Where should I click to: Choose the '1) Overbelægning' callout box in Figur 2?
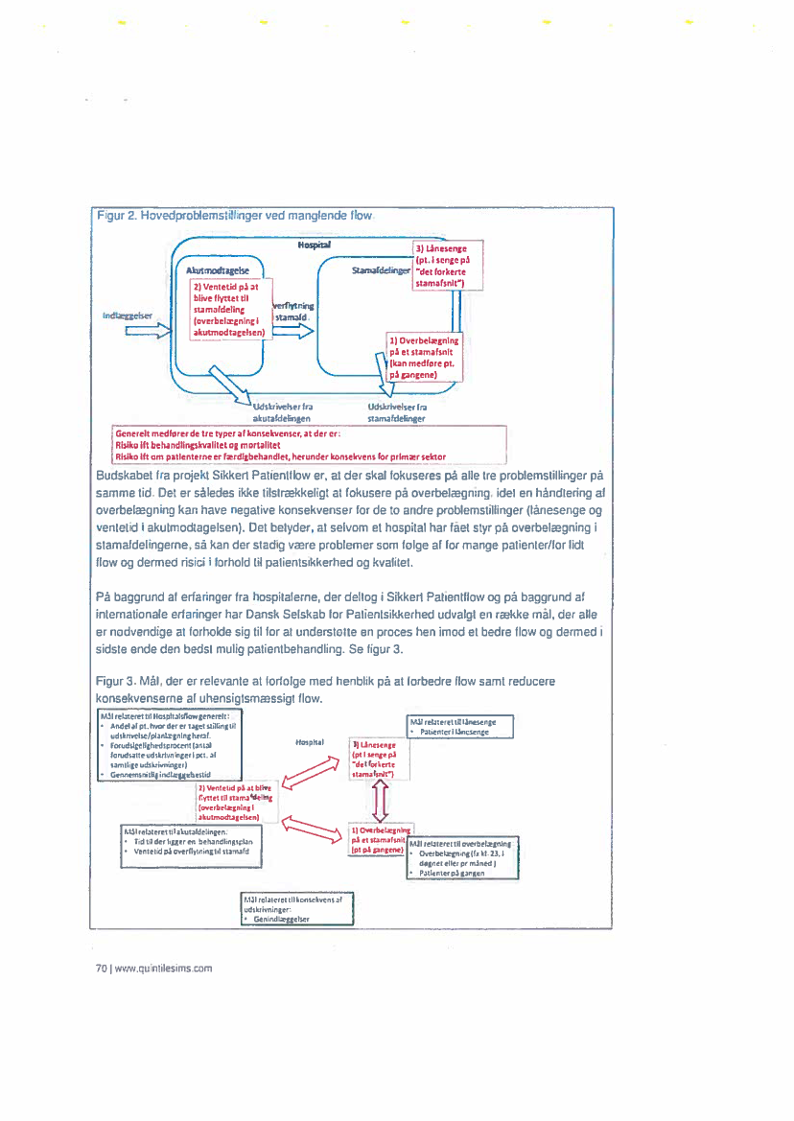pyautogui.click(x=424, y=357)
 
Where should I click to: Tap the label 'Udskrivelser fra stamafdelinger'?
pyautogui.click(x=402, y=412)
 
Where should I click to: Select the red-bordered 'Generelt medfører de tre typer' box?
pyautogui.click(x=278, y=444)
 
